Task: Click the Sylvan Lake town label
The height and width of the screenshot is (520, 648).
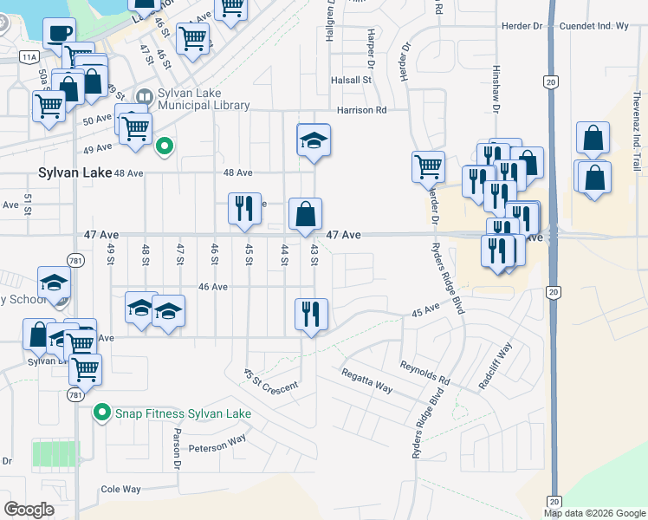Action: [75, 172]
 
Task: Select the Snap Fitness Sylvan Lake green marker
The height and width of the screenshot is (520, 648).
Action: [103, 413]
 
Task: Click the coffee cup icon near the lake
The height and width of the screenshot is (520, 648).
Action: [58, 34]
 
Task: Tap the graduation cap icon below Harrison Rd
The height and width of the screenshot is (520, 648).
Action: [314, 140]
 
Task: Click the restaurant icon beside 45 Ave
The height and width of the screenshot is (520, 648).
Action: [311, 315]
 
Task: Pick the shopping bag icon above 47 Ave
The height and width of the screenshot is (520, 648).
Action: [305, 214]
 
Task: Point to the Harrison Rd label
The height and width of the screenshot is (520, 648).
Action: [361, 111]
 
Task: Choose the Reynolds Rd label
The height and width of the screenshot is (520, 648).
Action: [424, 374]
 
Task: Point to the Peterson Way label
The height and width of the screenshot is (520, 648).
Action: [217, 446]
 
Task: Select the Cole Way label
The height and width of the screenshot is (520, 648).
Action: [120, 490]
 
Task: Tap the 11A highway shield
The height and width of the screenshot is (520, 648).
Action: [29, 56]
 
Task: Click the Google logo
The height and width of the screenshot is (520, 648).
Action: [29, 510]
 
